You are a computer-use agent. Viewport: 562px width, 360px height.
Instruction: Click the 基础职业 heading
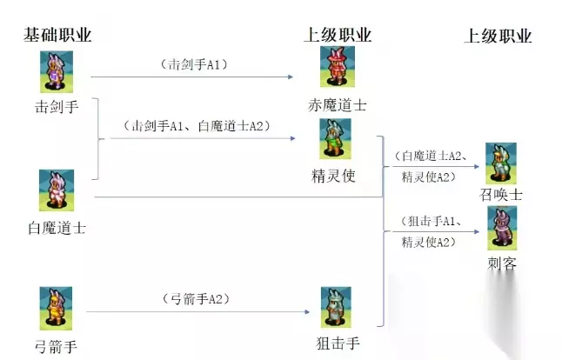[57, 35]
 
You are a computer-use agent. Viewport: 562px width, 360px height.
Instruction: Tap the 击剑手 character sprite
[56, 71]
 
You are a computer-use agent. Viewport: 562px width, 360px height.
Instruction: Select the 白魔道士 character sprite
[56, 190]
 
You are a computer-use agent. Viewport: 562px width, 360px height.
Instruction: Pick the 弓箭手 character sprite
[56, 308]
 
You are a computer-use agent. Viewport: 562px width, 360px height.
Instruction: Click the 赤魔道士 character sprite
[337, 67]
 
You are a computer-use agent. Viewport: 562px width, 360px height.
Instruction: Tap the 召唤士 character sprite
[500, 164]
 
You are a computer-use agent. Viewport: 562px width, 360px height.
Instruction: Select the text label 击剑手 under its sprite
[56, 109]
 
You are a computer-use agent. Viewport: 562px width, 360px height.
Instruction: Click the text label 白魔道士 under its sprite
[56, 229]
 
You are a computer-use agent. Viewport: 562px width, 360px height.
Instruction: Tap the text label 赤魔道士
[337, 105]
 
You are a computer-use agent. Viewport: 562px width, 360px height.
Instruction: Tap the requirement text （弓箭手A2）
[196, 299]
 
